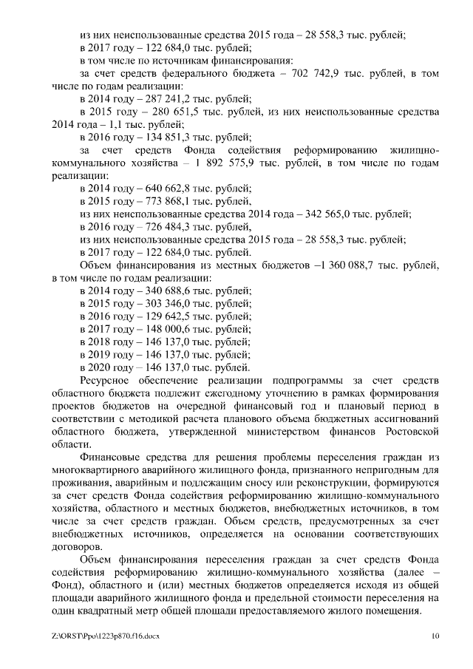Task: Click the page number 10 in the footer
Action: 436,635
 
